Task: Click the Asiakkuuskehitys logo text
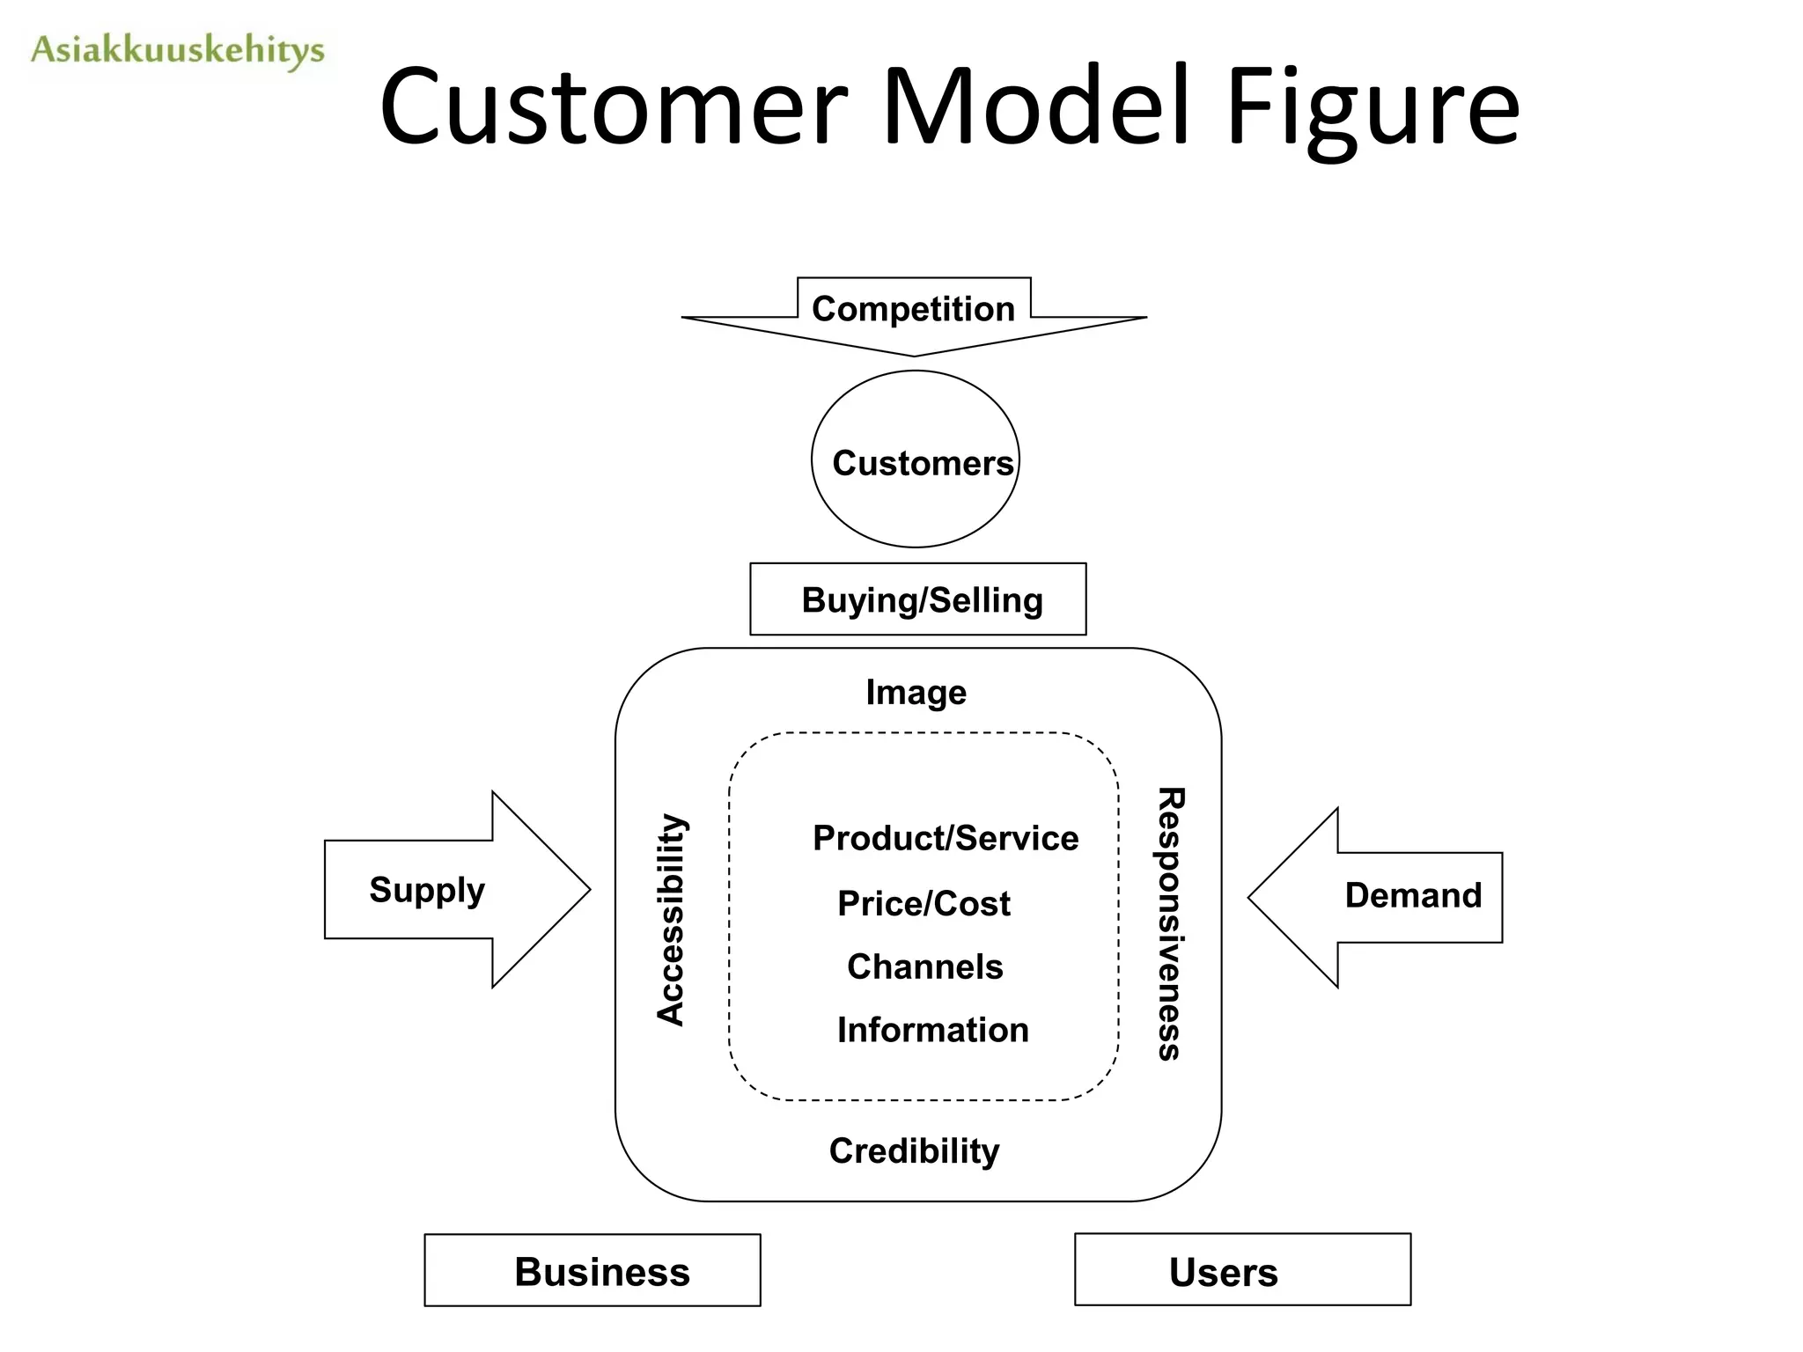(177, 50)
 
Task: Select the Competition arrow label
(913, 309)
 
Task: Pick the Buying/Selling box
(917, 599)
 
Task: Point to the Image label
(916, 693)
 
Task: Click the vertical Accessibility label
(671, 920)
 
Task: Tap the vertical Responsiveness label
(1169, 923)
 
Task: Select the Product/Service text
(945, 838)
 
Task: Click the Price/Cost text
(924, 904)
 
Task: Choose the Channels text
(924, 967)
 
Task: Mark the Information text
(932, 1030)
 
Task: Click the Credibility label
(914, 1151)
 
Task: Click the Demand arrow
(1391, 897)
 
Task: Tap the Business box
(592, 1270)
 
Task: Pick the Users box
(1242, 1270)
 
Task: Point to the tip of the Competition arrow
(915, 354)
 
